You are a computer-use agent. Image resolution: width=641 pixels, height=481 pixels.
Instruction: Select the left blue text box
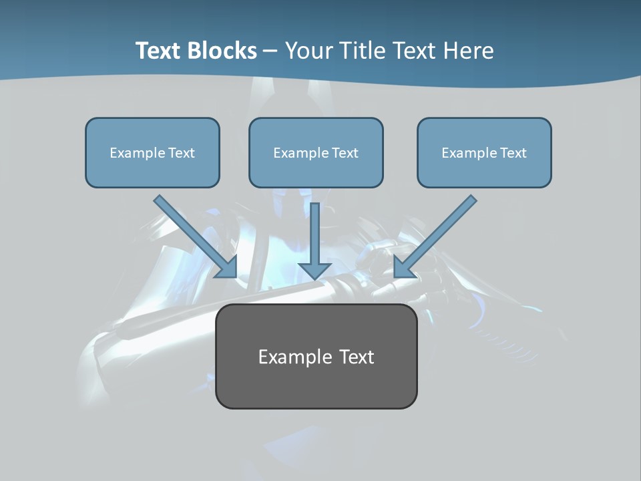pyautogui.click(x=152, y=152)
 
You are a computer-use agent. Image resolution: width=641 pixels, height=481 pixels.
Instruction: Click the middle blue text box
pyautogui.click(x=316, y=152)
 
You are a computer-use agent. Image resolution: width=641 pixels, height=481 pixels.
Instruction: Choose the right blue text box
pyautogui.click(x=484, y=152)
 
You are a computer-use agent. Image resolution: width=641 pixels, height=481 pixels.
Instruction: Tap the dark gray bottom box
pyautogui.click(x=316, y=356)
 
